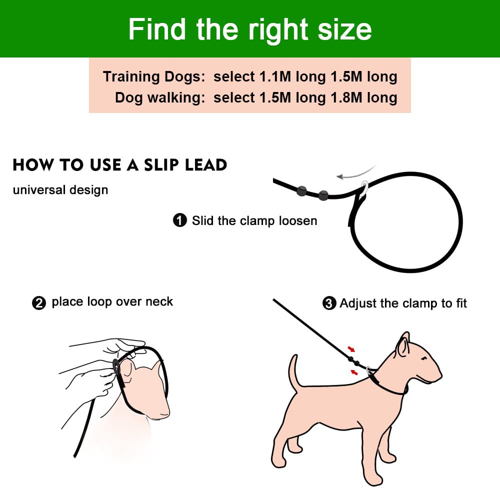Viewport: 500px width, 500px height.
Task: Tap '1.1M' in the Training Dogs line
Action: [275, 77]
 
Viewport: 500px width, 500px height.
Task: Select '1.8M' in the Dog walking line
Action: [346, 97]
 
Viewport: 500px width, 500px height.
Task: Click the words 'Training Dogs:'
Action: [154, 77]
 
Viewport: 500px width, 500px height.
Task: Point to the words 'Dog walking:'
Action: [160, 98]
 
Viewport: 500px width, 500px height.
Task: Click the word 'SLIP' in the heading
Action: [161, 165]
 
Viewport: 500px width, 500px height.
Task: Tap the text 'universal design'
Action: [60, 190]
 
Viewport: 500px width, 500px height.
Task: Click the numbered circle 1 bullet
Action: [180, 220]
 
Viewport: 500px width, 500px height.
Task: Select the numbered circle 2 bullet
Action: [39, 303]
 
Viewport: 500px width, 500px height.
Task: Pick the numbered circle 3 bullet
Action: [329, 303]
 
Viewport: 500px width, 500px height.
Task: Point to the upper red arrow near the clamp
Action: [351, 348]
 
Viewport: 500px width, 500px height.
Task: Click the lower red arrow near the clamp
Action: [354, 372]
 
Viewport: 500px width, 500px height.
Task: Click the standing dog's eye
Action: [424, 359]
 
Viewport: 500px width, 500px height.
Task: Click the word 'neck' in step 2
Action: [159, 301]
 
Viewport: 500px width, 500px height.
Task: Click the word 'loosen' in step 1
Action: [298, 220]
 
